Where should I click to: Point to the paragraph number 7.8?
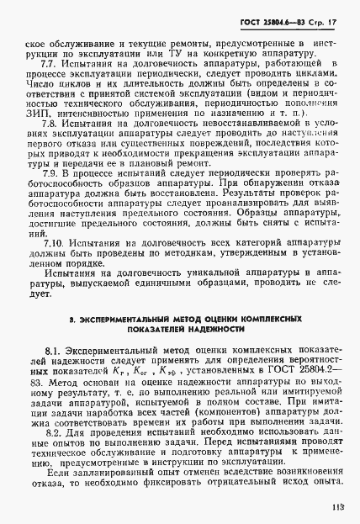pos(49,123)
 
